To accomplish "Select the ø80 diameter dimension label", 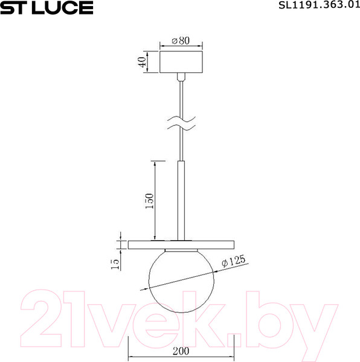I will tap(181, 40).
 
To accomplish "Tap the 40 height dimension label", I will tap(143, 63).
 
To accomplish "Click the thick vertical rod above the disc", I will tap(181, 199).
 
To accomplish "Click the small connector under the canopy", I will tap(181, 77).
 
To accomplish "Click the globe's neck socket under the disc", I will tap(181, 251).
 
